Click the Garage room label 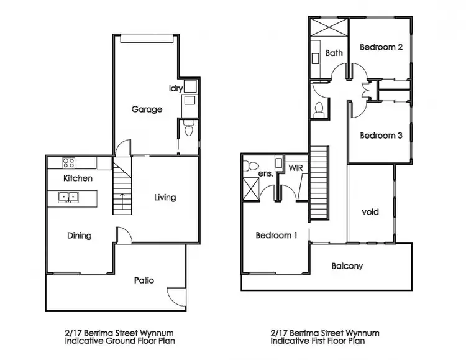(147, 109)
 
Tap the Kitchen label (78, 178)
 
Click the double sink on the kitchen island (68, 197)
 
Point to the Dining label (79, 236)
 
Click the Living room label (165, 198)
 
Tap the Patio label (144, 280)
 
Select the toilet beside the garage (189, 129)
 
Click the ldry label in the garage (176, 89)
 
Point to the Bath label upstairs (334, 53)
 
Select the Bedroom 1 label (276, 236)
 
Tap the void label (370, 212)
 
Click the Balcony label (347, 266)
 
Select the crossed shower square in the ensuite (252, 187)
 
